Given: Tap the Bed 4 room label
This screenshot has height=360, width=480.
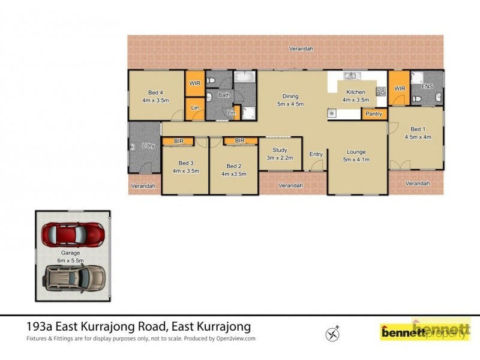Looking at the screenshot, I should point(155,96).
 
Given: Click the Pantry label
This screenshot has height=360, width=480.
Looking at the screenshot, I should point(374,113).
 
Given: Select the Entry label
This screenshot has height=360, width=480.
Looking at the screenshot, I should point(316,154).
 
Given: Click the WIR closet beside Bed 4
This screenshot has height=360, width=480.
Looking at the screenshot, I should point(195,83).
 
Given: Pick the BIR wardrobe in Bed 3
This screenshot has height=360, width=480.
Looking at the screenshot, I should point(178,141).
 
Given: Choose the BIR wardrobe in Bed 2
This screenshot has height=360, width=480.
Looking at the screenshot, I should point(240,141).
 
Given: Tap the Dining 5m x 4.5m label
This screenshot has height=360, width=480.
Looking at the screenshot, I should point(290,100).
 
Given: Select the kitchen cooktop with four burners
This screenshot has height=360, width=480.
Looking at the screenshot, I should point(380,91).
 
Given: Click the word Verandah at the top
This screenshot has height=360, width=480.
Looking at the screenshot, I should point(301,49).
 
